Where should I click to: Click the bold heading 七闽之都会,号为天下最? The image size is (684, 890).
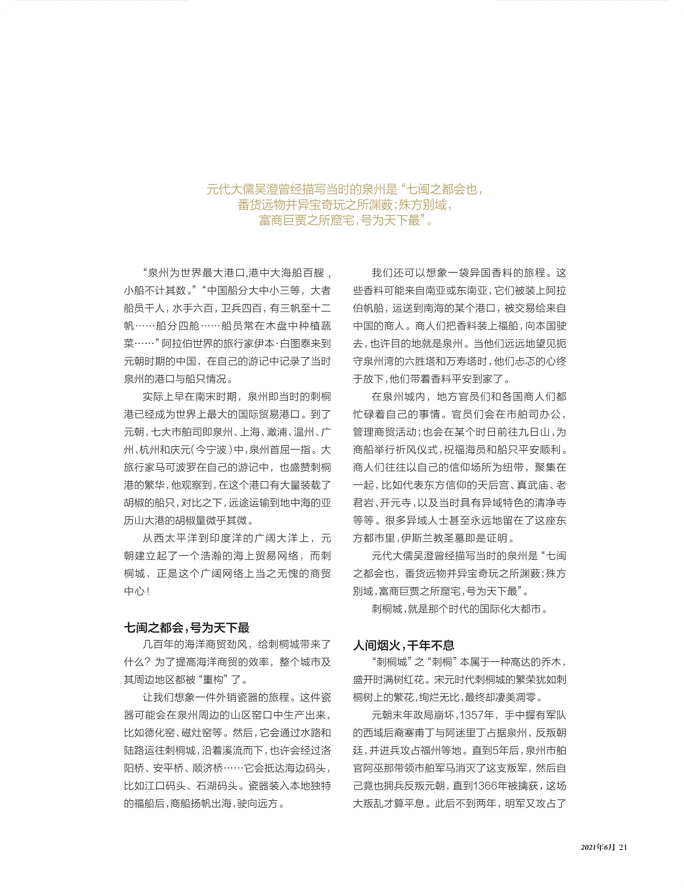[186, 628]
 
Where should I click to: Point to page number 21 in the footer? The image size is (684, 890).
[623, 848]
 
